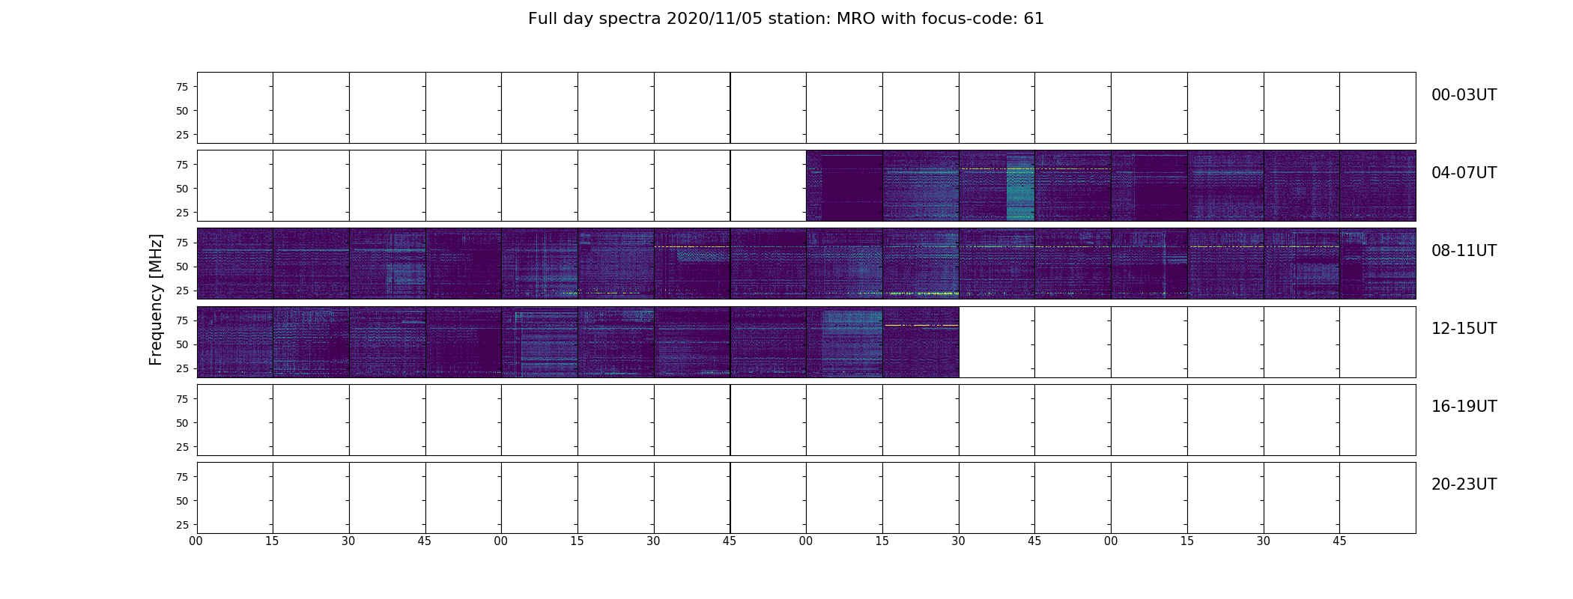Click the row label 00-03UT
[1464, 95]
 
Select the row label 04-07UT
[1464, 173]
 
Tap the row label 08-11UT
[1464, 251]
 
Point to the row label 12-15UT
[1464, 329]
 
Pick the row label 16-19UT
[1464, 407]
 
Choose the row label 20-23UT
[1464, 484]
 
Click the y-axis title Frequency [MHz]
[156, 299]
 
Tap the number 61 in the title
[1034, 19]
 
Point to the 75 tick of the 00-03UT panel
[182, 87]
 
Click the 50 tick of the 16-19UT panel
[182, 423]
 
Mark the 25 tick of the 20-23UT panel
[182, 525]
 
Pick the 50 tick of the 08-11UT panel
[182, 267]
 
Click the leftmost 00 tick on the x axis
[196, 541]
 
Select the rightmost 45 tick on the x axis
[1339, 541]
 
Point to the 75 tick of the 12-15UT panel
[182, 320]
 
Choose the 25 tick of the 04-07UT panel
[182, 213]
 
